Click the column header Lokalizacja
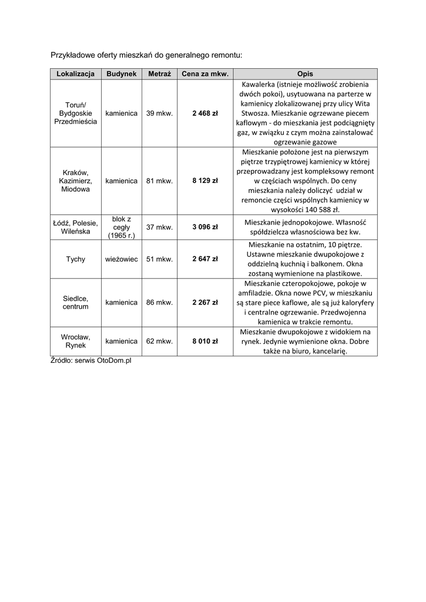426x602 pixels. pyautogui.click(x=76, y=74)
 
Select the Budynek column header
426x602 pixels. pyautogui.click(x=122, y=74)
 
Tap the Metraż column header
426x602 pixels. pyautogui.click(x=159, y=74)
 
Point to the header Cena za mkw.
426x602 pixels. pyautogui.click(x=205, y=74)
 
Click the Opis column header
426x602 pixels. pyautogui.click(x=305, y=74)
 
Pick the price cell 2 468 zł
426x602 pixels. pyautogui.click(x=205, y=113)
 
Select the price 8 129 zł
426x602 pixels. pyautogui.click(x=205, y=181)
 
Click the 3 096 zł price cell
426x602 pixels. pyautogui.click(x=205, y=227)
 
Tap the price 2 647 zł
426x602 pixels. pyautogui.click(x=205, y=259)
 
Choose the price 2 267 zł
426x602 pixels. pyautogui.click(x=205, y=303)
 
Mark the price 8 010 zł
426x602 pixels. pyautogui.click(x=205, y=341)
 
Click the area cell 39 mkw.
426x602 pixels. pyautogui.click(x=159, y=113)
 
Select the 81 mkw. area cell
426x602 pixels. pyautogui.click(x=159, y=181)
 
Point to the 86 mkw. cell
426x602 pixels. pyautogui.click(x=159, y=303)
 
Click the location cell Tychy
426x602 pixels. pyautogui.click(x=76, y=259)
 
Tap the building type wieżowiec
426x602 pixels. pyautogui.click(x=122, y=259)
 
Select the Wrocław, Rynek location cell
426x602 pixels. pyautogui.click(x=76, y=341)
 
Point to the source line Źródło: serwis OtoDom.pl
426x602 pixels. pyautogui.click(x=90, y=360)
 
